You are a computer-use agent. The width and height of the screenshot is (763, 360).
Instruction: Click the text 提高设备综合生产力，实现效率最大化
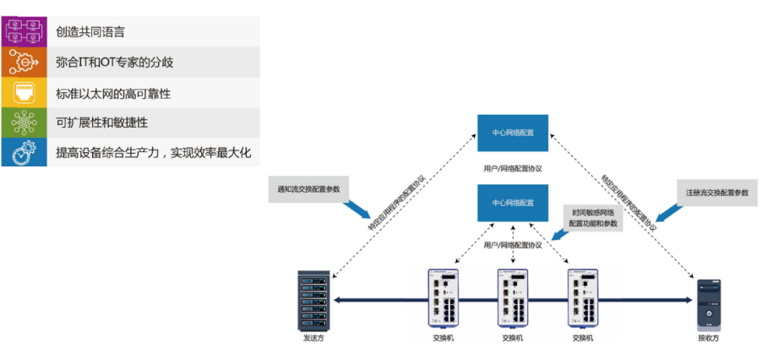[x=153, y=153]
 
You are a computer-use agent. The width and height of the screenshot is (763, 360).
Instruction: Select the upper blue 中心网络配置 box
[x=512, y=133]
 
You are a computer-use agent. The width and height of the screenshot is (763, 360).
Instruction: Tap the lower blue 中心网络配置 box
[x=512, y=203]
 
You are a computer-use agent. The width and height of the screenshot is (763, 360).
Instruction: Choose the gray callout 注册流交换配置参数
[x=717, y=192]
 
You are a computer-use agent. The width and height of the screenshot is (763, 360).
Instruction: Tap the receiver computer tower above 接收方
[x=708, y=303]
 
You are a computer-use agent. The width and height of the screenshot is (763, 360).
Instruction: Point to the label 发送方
[x=313, y=338]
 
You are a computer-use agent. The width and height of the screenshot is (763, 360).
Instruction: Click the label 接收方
[x=708, y=338]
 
